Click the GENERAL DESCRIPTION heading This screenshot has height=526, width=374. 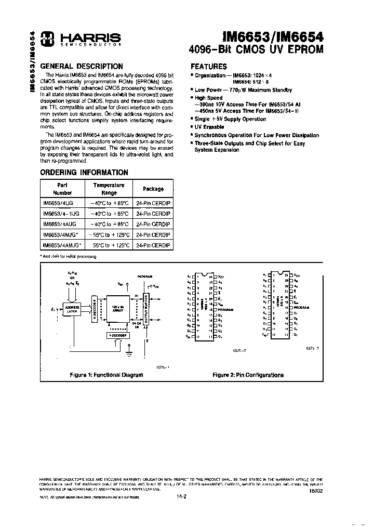(82, 67)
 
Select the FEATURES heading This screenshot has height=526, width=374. (209, 67)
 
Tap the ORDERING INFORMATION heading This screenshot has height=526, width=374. (84, 172)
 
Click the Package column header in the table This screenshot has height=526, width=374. (153, 189)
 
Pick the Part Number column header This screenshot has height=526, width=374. (58, 189)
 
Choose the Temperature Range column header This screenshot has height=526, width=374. (109, 189)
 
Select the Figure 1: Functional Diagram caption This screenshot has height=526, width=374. (106, 374)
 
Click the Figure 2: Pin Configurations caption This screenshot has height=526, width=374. (248, 374)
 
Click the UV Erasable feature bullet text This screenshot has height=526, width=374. (209, 127)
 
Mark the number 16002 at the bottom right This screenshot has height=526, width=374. (315, 490)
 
